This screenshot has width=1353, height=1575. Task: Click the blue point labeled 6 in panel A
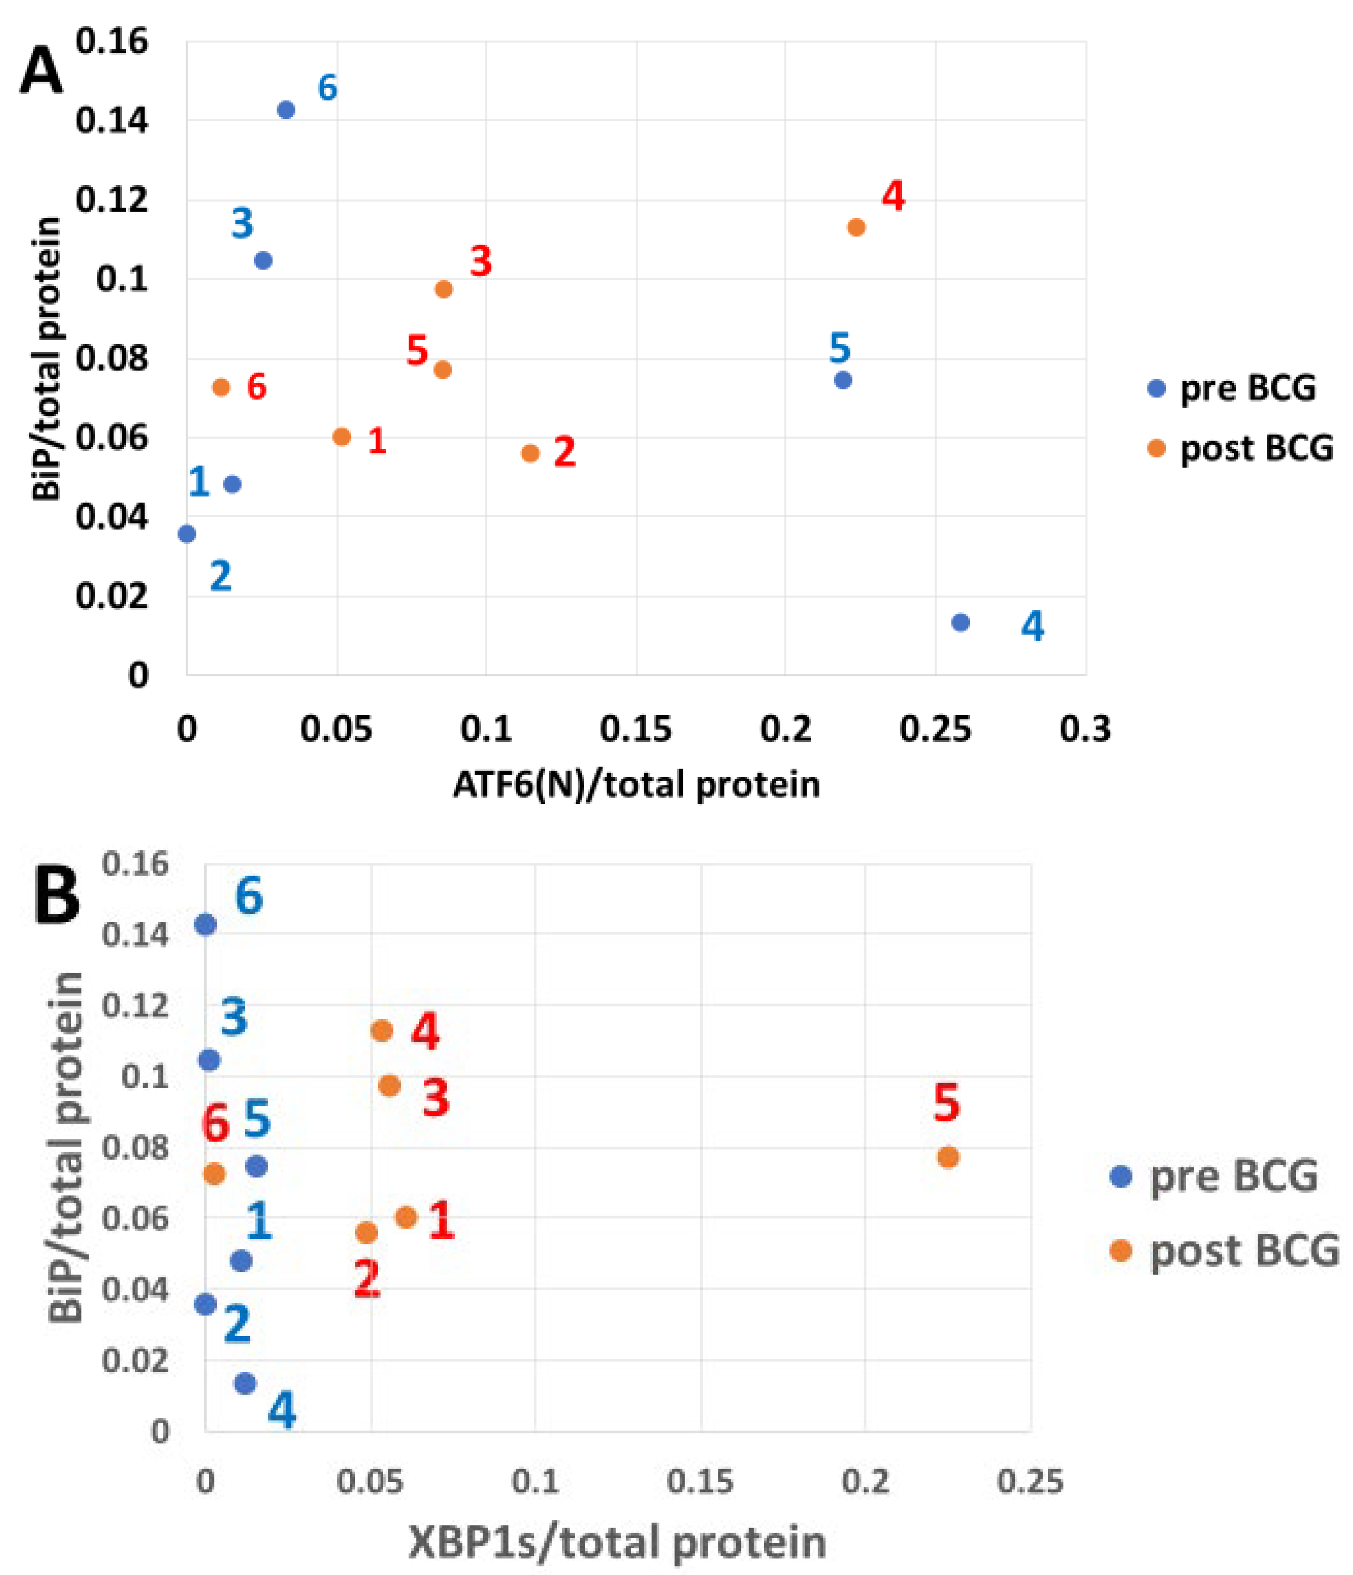click(x=286, y=110)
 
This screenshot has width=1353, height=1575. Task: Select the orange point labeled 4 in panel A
click(x=856, y=227)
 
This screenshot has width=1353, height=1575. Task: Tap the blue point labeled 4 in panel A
click(x=960, y=622)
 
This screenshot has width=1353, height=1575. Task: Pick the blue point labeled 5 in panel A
click(x=842, y=380)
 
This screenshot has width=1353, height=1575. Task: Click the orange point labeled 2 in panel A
click(x=530, y=454)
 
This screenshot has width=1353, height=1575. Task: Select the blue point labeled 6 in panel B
click(x=205, y=925)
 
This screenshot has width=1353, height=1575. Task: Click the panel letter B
click(x=57, y=897)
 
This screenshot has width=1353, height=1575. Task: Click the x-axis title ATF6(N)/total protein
click(x=636, y=784)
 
